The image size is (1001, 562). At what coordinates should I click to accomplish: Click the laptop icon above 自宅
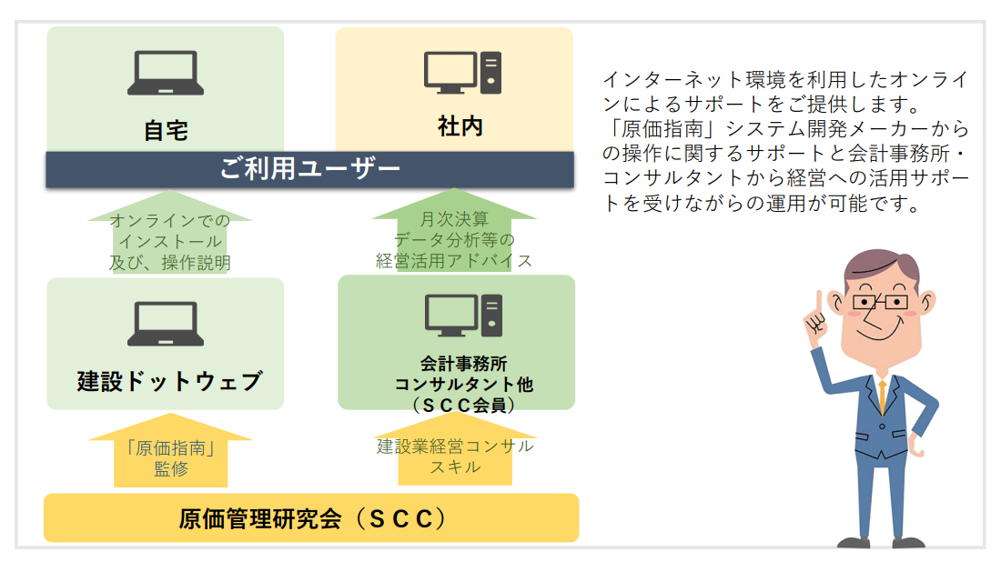166,73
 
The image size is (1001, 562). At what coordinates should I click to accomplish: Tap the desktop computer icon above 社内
463,72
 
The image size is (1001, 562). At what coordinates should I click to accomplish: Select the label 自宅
166,131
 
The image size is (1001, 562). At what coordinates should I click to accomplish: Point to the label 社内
460,126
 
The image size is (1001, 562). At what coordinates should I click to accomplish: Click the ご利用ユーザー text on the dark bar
309,169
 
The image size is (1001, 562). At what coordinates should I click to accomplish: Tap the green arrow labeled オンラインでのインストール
170,232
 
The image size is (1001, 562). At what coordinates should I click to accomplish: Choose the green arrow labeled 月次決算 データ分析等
454,230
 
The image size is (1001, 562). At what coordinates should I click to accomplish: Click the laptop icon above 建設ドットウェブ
166,324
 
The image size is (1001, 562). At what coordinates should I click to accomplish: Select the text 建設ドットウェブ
169,381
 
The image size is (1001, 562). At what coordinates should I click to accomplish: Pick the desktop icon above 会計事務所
463,316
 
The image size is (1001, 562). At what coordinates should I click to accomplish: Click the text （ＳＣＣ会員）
463,405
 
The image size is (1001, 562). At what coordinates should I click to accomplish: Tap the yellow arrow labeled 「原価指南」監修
170,450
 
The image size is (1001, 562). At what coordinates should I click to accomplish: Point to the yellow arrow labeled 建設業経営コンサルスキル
454,448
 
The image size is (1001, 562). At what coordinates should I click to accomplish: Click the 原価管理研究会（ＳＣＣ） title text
313,518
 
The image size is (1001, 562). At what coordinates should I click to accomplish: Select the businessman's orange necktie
883,396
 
